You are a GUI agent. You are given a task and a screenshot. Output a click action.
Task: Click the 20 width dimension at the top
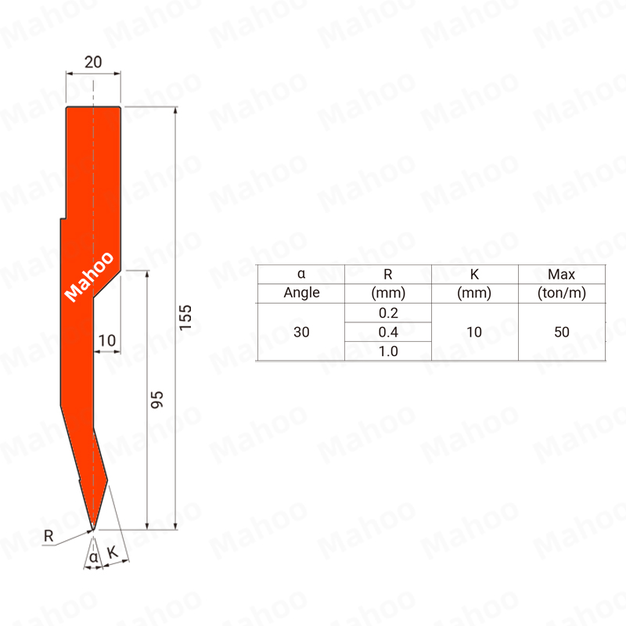click(x=93, y=63)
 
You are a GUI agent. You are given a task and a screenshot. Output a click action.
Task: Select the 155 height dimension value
click(x=185, y=318)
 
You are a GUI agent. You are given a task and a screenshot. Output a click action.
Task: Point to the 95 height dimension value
click(x=157, y=400)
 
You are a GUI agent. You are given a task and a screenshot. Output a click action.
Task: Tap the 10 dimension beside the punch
click(x=107, y=340)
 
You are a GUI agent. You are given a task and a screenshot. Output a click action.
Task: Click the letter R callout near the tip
click(x=49, y=536)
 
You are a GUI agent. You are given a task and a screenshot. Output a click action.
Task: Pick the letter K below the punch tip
click(x=113, y=552)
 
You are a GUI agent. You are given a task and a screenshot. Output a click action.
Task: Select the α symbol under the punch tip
click(x=93, y=557)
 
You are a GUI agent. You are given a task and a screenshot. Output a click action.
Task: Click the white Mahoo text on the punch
click(x=89, y=277)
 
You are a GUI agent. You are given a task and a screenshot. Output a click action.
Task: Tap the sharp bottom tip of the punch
click(x=93, y=530)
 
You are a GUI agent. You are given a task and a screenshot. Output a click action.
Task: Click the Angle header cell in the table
click(x=301, y=293)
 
